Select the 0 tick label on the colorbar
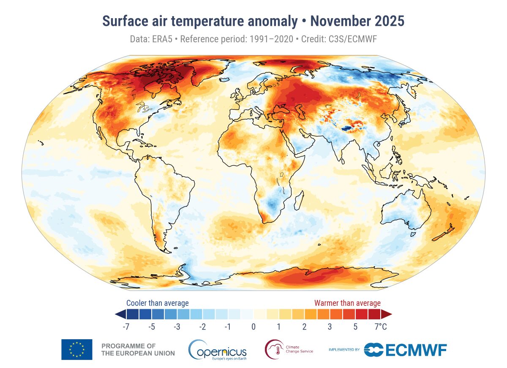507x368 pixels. pos(253,327)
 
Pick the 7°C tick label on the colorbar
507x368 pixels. pos(380,327)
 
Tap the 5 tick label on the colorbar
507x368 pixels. pos(355,327)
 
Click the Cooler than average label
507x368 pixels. pos(157,303)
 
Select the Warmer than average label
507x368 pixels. pos(347,303)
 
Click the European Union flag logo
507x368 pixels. pos(76,349)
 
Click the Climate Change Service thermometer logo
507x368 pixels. pos(273,349)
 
